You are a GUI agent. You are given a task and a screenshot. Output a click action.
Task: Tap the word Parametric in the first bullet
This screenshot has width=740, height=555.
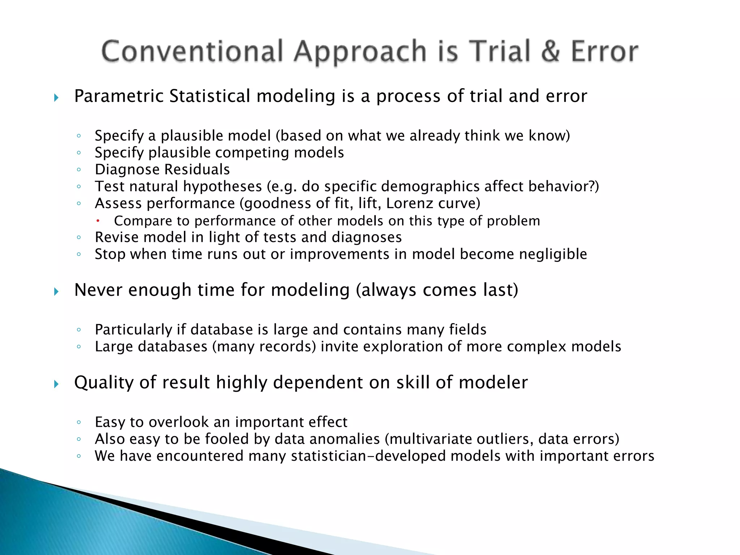119,96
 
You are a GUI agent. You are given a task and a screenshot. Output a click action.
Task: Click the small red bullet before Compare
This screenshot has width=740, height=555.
98,221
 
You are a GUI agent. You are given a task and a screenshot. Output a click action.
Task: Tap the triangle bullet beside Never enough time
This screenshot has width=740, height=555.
56,292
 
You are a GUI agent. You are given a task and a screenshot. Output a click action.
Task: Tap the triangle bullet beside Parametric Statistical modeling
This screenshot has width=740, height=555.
56,98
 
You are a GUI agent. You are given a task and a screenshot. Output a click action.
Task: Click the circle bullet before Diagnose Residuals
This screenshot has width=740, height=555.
79,169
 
